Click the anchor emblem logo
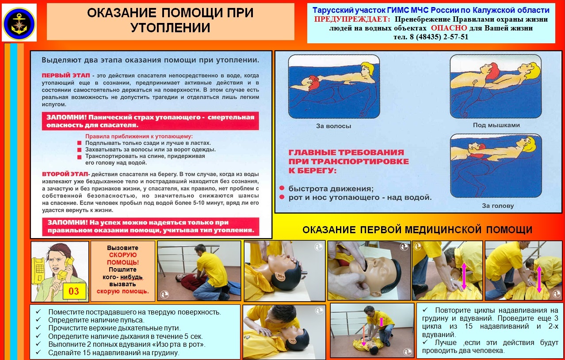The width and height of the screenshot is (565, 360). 19,24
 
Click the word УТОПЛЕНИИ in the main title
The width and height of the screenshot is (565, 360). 171,27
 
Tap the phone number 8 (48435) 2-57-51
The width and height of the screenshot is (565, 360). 439,37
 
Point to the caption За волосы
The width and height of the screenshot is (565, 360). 333,126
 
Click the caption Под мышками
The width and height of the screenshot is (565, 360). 496,125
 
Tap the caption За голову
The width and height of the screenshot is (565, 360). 498,206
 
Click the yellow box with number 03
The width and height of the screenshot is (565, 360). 74,291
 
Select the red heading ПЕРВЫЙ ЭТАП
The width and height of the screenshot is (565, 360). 65,76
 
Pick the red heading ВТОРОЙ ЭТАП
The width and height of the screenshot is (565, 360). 65,174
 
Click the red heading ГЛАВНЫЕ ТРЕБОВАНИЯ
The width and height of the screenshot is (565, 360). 346,152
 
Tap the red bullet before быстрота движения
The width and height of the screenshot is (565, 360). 282,188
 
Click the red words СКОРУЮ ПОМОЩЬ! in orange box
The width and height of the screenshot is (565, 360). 122,259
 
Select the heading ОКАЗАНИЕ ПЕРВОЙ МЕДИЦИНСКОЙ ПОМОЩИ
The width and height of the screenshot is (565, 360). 417,230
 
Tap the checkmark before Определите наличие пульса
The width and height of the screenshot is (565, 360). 38,319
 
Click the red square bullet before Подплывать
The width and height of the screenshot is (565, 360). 79,143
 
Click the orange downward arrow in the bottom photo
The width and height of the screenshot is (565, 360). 363,335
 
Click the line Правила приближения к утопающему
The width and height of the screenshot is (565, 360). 139,136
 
